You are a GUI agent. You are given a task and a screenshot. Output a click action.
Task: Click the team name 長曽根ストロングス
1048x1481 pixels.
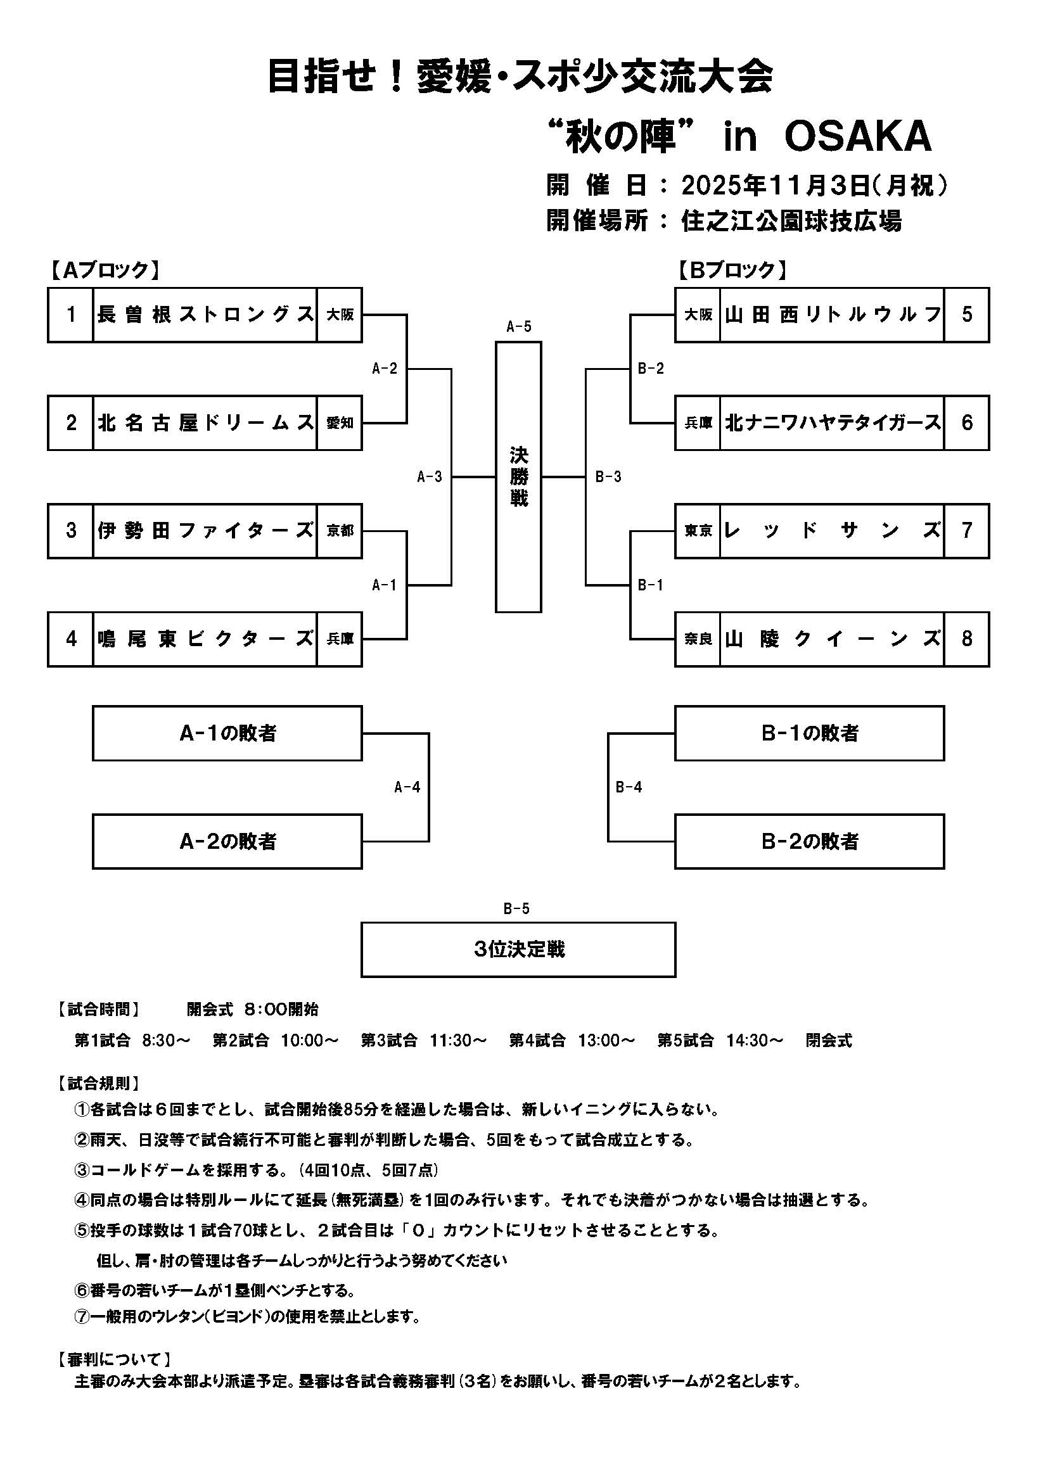pos(205,315)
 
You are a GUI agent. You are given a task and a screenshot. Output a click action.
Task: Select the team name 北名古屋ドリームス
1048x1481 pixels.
pos(205,423)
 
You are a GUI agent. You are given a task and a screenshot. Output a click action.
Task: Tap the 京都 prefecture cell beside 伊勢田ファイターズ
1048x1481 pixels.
pos(340,531)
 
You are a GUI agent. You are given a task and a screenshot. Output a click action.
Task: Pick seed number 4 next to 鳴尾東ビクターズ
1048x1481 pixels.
pos(71,639)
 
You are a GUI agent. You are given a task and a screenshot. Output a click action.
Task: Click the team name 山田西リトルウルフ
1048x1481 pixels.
pos(832,315)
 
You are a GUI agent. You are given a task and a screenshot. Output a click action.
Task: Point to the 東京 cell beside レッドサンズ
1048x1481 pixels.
pos(698,531)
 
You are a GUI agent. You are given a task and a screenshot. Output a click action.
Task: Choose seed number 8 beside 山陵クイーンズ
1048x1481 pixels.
pos(966,639)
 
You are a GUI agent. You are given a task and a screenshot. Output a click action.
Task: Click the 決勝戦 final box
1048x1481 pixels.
pos(518,478)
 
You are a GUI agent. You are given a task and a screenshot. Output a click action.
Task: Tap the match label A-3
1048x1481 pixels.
pos(429,478)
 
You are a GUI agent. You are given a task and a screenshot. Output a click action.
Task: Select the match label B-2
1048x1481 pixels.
pos(651,369)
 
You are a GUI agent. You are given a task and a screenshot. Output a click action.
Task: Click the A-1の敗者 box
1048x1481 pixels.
pos(227,734)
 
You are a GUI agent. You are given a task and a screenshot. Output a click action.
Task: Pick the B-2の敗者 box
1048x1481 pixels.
pos(809,842)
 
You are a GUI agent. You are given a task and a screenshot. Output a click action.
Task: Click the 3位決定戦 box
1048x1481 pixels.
pos(518,950)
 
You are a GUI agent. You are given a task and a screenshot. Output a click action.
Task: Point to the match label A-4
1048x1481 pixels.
pos(407,787)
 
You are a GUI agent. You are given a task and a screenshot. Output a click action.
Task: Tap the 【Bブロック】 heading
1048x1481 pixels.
pos(732,270)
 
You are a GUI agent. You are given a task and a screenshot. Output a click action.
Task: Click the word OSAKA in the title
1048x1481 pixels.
pos(858,137)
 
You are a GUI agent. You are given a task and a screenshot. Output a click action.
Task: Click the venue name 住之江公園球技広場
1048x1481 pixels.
pos(791,221)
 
